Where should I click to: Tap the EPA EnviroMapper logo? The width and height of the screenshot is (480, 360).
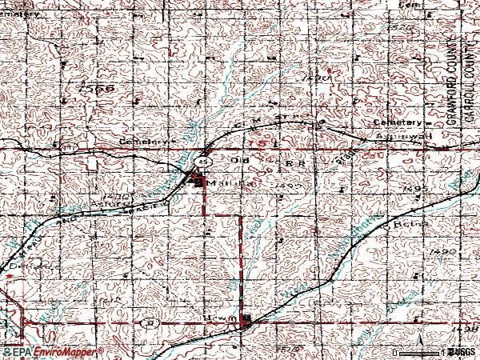[x=52, y=352]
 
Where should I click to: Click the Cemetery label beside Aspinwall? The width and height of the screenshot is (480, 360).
[x=399, y=122]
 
